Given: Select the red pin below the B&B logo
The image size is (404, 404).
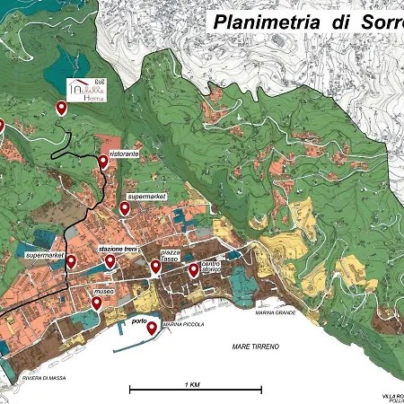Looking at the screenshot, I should (x=62, y=109).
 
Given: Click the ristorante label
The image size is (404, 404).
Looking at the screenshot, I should (x=123, y=154).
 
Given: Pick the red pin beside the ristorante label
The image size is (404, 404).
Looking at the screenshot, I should (x=103, y=162).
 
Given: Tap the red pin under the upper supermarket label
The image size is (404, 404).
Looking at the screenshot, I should (x=125, y=208).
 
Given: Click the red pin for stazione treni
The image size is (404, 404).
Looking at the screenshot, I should (x=110, y=261).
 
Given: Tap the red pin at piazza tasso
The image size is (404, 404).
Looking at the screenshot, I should (x=155, y=266).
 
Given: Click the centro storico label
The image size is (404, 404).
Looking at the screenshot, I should (x=210, y=267).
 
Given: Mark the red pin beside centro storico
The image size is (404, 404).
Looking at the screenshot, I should (x=193, y=269).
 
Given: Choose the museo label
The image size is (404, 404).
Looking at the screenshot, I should (x=103, y=293).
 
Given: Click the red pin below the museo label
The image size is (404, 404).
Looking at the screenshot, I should (x=96, y=303).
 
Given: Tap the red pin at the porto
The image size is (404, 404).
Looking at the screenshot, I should (x=152, y=329).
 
